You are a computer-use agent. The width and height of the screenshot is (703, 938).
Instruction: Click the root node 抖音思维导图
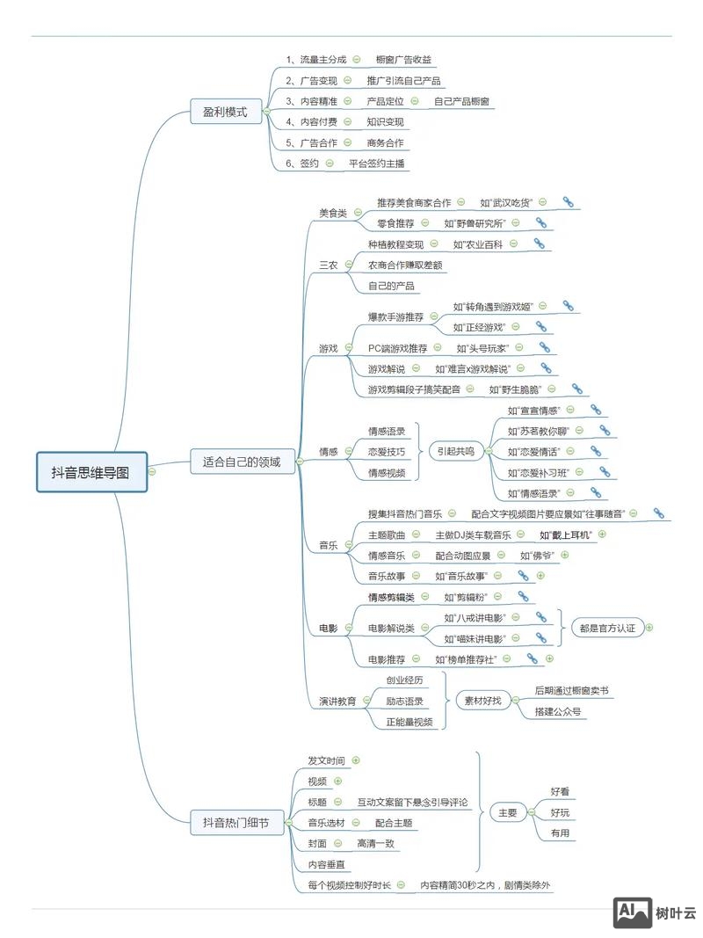click(91, 472)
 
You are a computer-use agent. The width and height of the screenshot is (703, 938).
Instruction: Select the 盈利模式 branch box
click(225, 112)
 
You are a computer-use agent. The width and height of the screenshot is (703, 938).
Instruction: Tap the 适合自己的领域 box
click(242, 461)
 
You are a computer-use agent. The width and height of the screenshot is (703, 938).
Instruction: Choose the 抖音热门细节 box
click(236, 823)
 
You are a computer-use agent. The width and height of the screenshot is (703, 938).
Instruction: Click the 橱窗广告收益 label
click(403, 60)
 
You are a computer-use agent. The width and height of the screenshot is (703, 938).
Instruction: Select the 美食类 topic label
click(333, 213)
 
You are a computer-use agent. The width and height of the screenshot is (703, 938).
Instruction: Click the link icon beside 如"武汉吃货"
click(568, 202)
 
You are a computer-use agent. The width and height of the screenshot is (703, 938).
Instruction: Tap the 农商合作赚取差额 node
click(405, 265)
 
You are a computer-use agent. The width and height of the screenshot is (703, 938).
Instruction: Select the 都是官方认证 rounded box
click(607, 628)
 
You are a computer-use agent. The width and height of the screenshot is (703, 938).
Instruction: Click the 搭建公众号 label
click(558, 711)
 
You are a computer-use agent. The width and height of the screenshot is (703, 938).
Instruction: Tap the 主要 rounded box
click(508, 813)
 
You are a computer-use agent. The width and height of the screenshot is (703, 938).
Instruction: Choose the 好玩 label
click(560, 812)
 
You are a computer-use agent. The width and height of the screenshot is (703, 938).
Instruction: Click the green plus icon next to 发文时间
click(356, 760)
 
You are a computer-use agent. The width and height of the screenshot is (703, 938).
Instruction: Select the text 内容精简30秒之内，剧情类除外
click(485, 885)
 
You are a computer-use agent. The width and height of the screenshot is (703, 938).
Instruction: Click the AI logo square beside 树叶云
click(632, 913)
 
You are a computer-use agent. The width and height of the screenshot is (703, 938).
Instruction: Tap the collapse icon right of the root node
click(152, 471)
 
